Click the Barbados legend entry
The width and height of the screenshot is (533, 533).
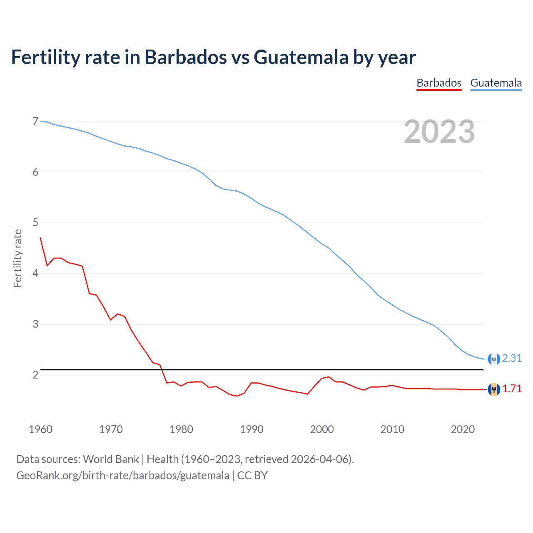point(439,83)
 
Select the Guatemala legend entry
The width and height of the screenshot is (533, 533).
point(496,83)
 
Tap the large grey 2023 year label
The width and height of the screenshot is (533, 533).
point(439,132)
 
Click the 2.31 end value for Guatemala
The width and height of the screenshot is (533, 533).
point(512,358)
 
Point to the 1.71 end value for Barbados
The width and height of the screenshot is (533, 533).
point(512,389)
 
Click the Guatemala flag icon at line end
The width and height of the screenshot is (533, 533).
point(494,359)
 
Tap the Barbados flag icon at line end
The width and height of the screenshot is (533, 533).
point(494,389)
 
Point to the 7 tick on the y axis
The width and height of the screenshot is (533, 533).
point(35,122)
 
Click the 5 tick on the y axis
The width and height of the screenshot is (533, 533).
point(35,223)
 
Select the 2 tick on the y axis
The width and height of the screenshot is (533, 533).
point(35,375)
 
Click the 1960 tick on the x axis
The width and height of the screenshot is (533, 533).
point(40,429)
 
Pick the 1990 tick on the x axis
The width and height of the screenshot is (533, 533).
point(252,429)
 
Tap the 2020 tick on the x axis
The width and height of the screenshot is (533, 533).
point(463,429)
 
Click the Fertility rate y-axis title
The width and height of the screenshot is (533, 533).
point(17,258)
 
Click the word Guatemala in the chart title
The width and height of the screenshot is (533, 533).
point(301,57)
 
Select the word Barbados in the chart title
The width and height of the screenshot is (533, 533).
point(186,57)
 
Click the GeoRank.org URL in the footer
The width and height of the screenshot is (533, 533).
point(122,476)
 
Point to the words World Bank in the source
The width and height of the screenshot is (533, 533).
point(111,459)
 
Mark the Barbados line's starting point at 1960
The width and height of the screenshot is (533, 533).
point(40,238)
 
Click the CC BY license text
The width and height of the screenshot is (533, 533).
point(252,476)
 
